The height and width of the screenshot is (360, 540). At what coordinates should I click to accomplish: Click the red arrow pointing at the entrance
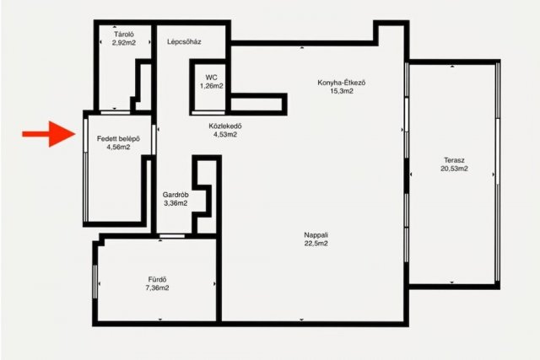[x=49, y=134]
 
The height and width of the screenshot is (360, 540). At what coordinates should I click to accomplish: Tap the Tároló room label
[x=124, y=35]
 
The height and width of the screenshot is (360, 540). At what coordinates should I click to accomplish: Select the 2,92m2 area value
[x=124, y=43]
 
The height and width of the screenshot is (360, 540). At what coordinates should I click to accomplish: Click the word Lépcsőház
[x=184, y=42]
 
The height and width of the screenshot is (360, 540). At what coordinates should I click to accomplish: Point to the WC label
[x=212, y=78]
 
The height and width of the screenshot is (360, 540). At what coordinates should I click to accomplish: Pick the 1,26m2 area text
[x=212, y=86]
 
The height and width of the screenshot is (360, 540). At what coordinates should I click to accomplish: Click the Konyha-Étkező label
[x=341, y=83]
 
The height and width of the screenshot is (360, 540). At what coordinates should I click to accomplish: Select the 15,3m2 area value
[x=342, y=91]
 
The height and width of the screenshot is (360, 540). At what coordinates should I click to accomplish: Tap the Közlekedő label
[x=225, y=126]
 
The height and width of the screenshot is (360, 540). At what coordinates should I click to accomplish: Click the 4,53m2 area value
[x=225, y=134]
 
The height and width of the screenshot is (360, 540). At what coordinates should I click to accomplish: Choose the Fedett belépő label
[x=118, y=139]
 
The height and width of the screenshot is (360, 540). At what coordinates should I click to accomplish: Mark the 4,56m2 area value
[x=118, y=148]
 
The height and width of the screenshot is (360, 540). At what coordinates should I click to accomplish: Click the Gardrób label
[x=175, y=195]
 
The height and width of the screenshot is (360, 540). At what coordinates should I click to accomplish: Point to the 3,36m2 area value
[x=175, y=203]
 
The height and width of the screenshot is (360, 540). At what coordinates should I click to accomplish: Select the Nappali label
[x=316, y=235]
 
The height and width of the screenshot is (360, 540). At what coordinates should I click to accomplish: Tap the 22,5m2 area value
[x=316, y=244]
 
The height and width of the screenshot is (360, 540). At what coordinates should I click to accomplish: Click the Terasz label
[x=454, y=160]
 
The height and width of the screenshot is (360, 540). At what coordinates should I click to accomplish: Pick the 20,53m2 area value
[x=454, y=169]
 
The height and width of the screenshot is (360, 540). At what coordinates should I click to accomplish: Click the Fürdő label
[x=158, y=279]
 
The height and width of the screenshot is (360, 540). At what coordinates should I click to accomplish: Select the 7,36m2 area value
[x=158, y=288]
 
